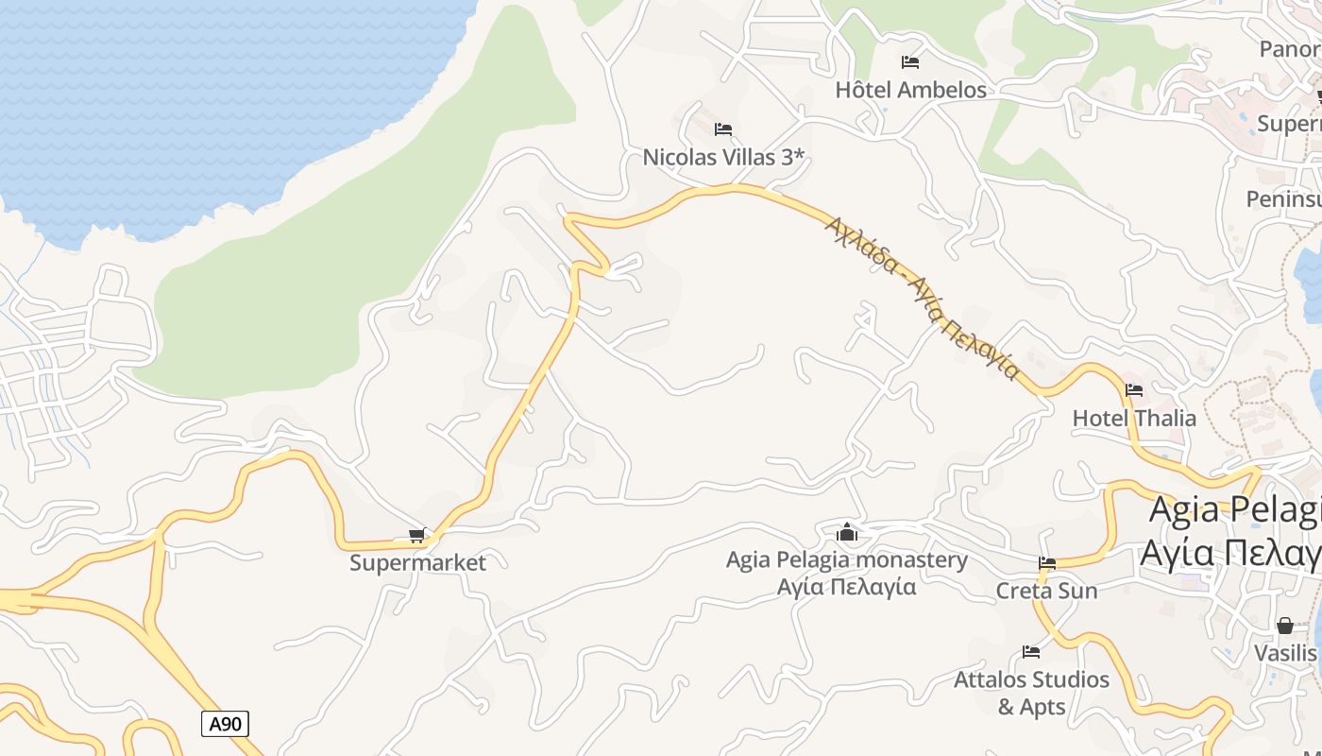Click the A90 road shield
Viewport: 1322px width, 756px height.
click(225, 725)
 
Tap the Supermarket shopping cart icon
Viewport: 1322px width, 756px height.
click(417, 536)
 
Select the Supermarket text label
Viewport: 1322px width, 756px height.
click(417, 562)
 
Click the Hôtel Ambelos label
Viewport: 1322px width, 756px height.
click(910, 90)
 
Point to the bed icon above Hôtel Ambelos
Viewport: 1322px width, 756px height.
click(910, 62)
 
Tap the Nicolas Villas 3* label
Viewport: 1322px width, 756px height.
click(723, 157)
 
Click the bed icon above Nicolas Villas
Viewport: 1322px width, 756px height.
click(723, 129)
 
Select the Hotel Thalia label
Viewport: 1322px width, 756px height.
click(1134, 418)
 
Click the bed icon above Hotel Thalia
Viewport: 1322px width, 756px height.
click(1134, 390)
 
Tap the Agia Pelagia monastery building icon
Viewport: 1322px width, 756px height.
click(847, 533)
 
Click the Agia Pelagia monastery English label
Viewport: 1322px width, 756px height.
click(847, 560)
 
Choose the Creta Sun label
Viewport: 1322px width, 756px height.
click(1046, 591)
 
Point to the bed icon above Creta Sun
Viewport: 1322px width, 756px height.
click(1046, 563)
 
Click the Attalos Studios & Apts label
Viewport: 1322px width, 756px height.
click(1031, 693)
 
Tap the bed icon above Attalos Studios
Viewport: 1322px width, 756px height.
click(1031, 652)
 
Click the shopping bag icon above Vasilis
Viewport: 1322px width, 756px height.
click(1285, 626)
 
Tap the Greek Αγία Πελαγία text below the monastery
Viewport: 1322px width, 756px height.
click(847, 587)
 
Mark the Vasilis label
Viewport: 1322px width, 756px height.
click(1285, 653)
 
